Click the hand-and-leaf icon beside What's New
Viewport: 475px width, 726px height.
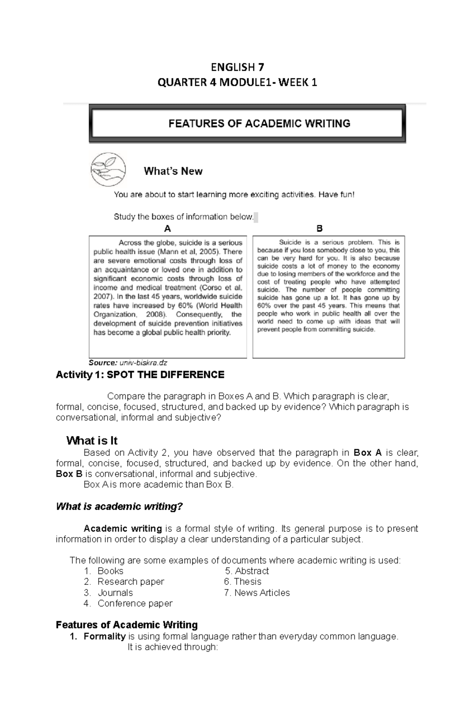[108, 169]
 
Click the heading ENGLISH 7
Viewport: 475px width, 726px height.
[237, 66]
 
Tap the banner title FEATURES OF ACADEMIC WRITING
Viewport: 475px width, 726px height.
[259, 124]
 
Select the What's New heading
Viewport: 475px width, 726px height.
[173, 171]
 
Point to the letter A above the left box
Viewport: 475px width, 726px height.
[167, 229]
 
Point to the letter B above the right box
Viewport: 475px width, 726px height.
[320, 228]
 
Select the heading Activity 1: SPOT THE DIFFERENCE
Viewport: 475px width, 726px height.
[140, 375]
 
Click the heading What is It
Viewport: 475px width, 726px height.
[92, 441]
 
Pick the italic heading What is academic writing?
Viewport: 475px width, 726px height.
[119, 506]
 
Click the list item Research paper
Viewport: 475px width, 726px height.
[131, 582]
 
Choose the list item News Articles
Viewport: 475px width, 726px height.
[262, 593]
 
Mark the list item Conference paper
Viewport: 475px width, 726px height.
[135, 603]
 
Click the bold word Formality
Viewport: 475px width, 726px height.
[104, 636]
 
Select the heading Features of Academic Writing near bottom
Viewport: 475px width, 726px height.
[127, 625]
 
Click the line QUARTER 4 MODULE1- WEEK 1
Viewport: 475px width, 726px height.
[237, 83]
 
